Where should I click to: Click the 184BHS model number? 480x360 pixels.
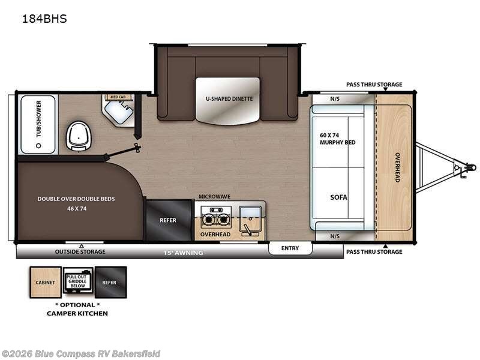[44, 19]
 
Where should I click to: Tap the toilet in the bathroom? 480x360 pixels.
[77, 135]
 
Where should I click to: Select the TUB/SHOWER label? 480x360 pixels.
[38, 119]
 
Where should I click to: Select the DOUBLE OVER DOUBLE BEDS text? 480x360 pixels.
[76, 199]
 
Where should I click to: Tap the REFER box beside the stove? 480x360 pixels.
[168, 220]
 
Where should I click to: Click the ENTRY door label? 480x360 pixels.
[290, 248]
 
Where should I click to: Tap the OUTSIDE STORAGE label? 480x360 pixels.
[80, 252]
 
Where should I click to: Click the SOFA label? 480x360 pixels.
[339, 197]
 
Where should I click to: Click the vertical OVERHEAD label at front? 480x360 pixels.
[397, 168]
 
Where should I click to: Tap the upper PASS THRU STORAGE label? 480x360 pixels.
[374, 85]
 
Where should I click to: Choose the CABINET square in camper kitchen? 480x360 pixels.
[46, 282]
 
